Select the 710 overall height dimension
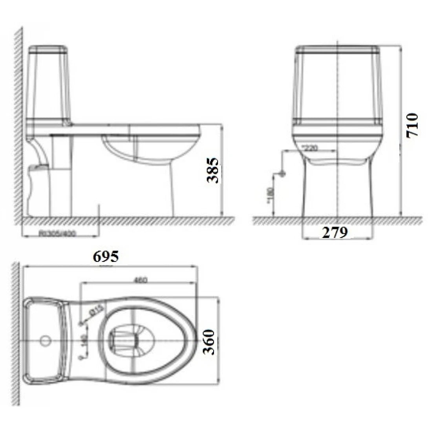(x=412, y=125)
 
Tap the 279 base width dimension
(x=335, y=233)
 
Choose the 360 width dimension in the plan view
(x=210, y=342)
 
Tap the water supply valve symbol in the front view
(x=281, y=174)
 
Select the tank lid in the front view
(x=338, y=49)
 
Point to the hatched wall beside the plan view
(x=16, y=334)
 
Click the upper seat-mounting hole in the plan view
(x=81, y=323)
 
